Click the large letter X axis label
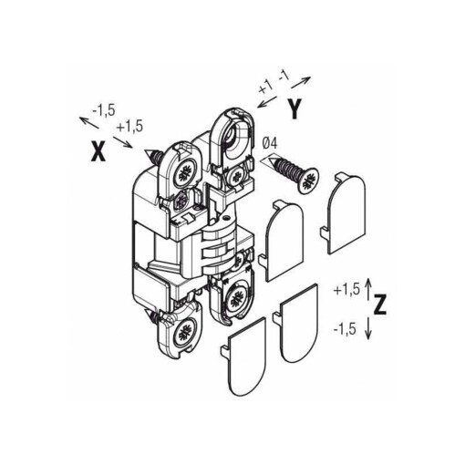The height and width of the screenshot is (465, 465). pos(98,151)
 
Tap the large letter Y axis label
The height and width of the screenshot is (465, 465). pos(294,108)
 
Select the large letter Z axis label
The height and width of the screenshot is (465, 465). pos(380,305)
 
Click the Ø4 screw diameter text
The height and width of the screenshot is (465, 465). pos(270,143)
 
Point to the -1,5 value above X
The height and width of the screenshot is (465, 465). pos(104,111)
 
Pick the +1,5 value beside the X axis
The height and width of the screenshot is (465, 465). pos(129,127)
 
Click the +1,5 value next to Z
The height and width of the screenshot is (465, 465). pos(346,290)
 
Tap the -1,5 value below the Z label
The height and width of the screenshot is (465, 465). pos(345,329)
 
